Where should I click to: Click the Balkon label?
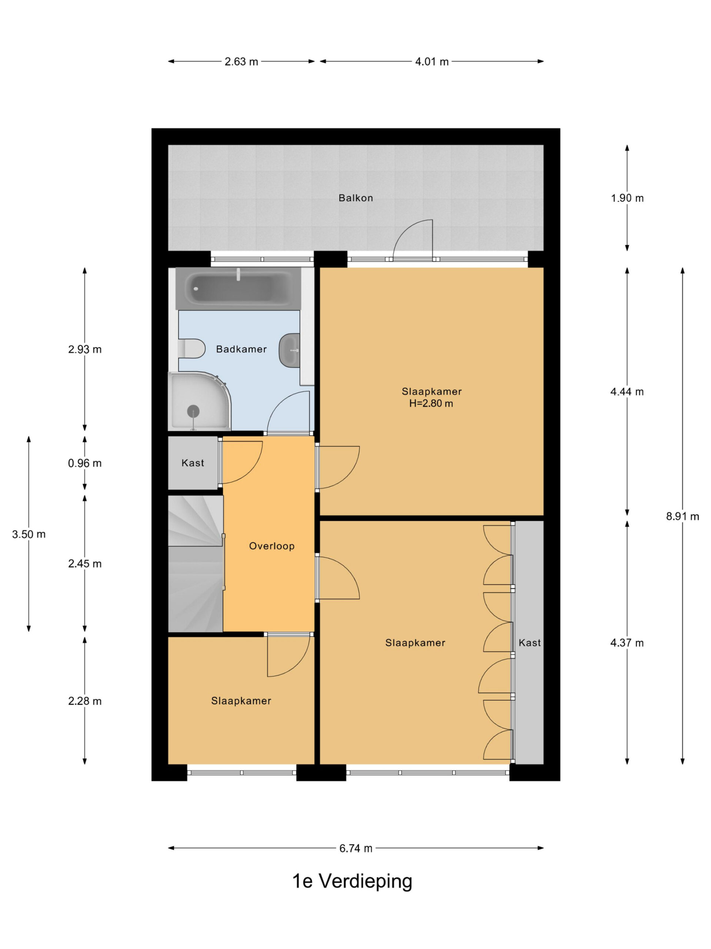tap(355, 198)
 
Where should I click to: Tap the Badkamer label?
tap(241, 349)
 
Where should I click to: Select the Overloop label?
tap(272, 546)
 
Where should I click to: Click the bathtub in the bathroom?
tap(238, 288)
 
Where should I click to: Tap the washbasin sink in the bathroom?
tap(290, 350)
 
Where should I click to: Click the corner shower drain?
tap(193, 411)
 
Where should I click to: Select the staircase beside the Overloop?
tap(196, 563)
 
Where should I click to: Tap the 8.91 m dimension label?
tap(682, 516)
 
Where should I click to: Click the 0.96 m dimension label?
tap(85, 463)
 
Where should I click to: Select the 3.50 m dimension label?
tap(29, 534)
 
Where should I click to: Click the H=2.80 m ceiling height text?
tap(431, 403)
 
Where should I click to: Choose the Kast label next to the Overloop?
tap(193, 463)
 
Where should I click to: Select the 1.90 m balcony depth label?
tap(627, 198)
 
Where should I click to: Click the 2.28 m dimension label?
tap(85, 701)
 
